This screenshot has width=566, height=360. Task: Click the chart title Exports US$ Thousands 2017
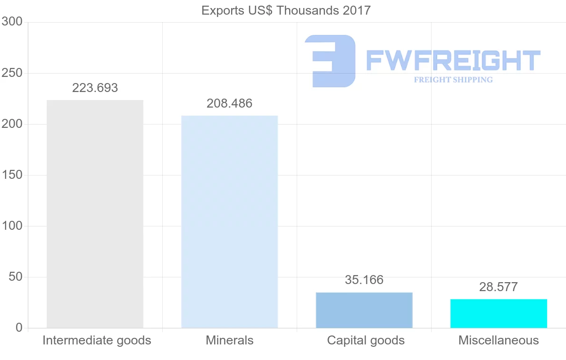pos(286,10)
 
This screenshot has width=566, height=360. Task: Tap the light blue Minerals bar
pos(230,221)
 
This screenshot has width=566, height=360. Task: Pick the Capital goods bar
pos(364,310)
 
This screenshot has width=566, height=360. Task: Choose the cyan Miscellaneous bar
pos(499,313)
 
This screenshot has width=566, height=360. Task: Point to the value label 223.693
pos(95,88)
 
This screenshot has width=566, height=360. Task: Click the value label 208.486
pos(230,103)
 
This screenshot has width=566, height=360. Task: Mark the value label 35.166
pos(364,280)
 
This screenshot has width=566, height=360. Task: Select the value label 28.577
pos(499,287)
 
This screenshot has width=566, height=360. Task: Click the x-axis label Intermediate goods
pos(97,340)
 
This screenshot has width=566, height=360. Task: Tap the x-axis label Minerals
pos(230,340)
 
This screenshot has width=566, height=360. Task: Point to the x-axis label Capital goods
pos(366,340)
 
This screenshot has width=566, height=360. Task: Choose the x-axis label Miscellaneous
pos(499,340)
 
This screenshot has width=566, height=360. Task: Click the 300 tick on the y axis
pos(12,22)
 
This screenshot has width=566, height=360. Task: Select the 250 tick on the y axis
pos(12,73)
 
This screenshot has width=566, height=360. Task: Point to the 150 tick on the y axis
pos(12,175)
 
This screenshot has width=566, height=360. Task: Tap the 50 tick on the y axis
pos(16,277)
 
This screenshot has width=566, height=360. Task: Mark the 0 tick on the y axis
pos(19,327)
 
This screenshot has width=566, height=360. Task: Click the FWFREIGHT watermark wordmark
pos(453,60)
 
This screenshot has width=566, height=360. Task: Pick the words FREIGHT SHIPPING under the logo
pos(453,80)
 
